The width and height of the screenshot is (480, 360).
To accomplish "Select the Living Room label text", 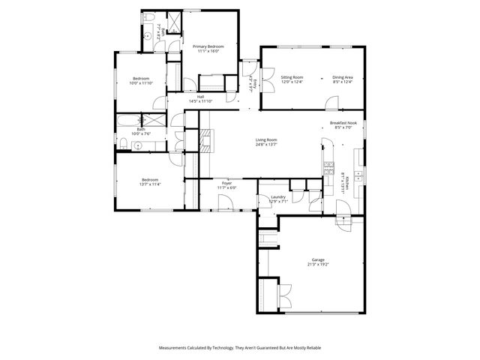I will (267, 139).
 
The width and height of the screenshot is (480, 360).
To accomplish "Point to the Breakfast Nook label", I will (346, 123).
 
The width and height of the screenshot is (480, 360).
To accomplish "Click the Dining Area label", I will (343, 76).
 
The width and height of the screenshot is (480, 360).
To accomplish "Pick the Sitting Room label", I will (292, 76).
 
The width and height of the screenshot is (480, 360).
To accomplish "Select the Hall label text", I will (201, 97).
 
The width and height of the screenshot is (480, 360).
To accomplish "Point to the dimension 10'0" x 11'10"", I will (142, 83).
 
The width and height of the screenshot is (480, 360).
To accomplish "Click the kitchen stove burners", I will (328, 169).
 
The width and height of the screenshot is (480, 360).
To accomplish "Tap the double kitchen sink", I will (358, 175).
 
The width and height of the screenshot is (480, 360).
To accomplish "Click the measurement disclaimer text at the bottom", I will (240, 347).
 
